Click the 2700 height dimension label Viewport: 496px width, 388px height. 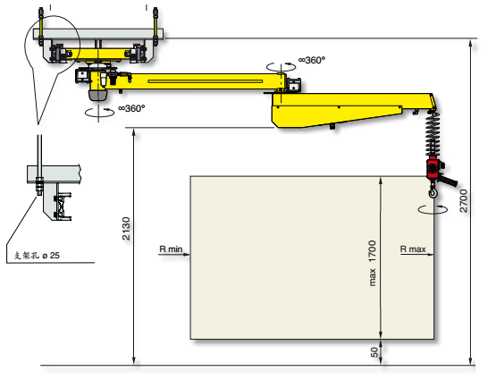pos(463,200)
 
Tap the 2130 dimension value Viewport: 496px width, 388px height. pos(126,229)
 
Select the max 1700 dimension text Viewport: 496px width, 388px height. pos(373,264)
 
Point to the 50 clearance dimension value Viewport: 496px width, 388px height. pos(374,352)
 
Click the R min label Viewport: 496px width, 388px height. pos(171,249)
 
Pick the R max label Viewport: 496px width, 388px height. pos(413,249)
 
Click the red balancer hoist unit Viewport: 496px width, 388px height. pos(433,168)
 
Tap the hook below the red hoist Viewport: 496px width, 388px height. pos(433,190)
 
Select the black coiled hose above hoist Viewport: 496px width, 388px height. pos(433,134)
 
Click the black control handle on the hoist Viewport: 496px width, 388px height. pos(450,181)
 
